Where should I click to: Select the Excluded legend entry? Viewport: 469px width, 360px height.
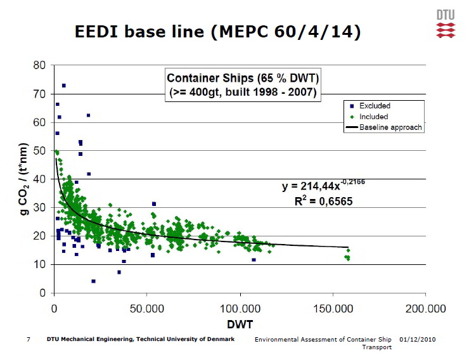[x=374, y=106]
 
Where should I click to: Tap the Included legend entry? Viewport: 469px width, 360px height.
[x=373, y=117]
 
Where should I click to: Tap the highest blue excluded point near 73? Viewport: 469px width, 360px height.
[x=64, y=86]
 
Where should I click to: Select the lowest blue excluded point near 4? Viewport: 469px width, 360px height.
[x=93, y=281]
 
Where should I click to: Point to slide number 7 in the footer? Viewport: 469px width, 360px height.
[x=29, y=340]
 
